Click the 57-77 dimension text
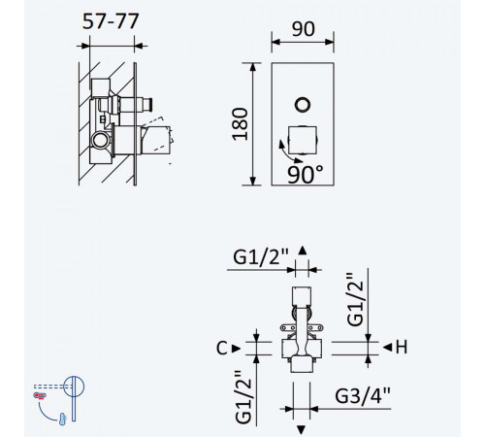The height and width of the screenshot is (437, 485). tap(111, 21)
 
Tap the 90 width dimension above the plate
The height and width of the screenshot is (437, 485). tap(304, 29)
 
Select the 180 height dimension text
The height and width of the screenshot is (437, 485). tap(241, 124)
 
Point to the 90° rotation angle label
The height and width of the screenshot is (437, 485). tap(306, 175)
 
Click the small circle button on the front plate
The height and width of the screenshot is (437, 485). tap(303, 105)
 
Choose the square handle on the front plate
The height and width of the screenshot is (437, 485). tap(303, 140)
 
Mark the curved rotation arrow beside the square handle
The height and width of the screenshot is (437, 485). tap(286, 153)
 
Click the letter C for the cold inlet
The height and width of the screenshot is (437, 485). tap(222, 349)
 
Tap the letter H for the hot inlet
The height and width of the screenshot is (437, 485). tap(402, 347)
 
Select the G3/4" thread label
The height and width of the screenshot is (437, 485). tap(363, 395)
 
